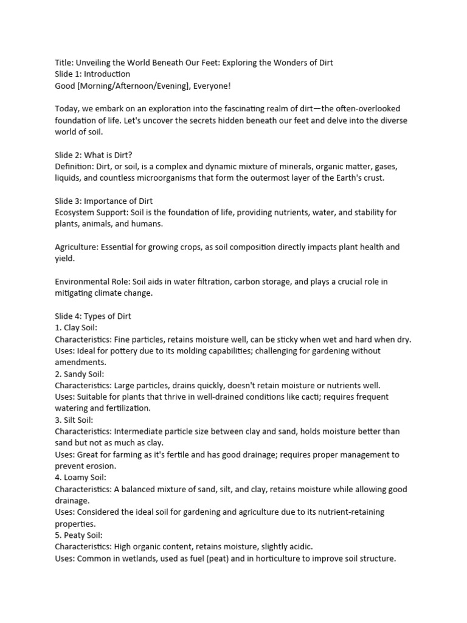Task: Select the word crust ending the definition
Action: tap(372, 178)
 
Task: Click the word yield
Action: tap(64, 258)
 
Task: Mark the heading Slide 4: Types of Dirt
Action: tap(93, 316)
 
